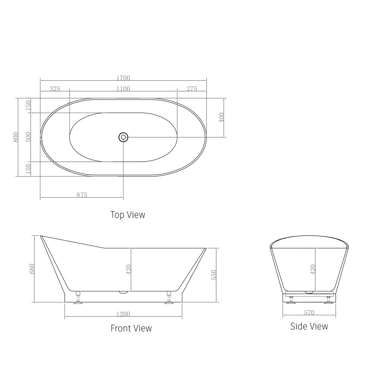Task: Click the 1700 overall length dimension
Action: coord(123,78)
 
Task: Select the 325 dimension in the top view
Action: coord(55,89)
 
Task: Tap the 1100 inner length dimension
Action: coord(123,89)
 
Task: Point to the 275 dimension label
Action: coord(192,89)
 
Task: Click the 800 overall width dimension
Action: coord(16,137)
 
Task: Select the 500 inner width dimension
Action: coord(28,137)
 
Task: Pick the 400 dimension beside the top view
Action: coord(221,117)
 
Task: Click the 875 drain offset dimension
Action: coord(82,195)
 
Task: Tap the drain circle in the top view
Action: coord(123,137)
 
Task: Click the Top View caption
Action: coord(128,215)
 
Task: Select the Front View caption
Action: coord(131,328)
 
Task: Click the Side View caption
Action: coord(309,326)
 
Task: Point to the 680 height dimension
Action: coord(32,269)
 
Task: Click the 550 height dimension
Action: coord(214,275)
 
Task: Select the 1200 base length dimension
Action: coord(123,314)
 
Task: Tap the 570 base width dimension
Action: coord(309,313)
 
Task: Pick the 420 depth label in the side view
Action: coord(313,270)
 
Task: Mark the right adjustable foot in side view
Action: coord(328,300)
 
